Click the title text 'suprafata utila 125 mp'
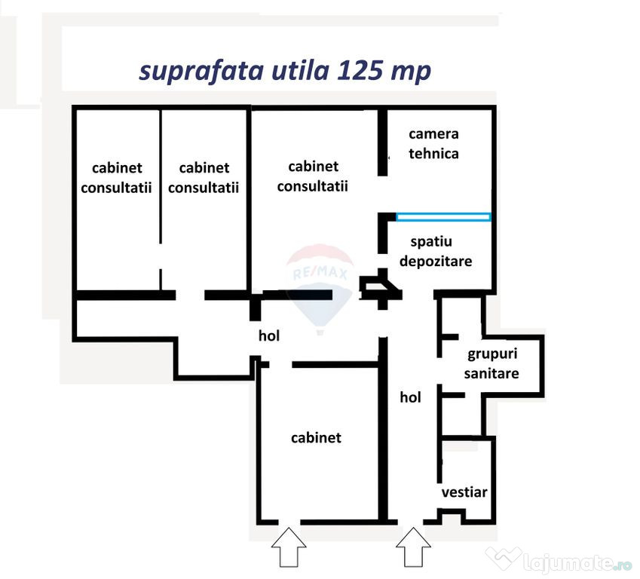[x=285, y=72]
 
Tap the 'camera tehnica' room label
[x=433, y=144]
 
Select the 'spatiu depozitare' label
[x=436, y=251]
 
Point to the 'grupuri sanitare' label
[x=491, y=363]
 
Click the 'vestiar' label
[x=464, y=492]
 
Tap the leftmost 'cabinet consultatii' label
[x=116, y=178]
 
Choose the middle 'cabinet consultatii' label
[x=204, y=178]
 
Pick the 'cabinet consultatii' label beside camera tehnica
[x=313, y=176]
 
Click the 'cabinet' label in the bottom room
[x=316, y=438]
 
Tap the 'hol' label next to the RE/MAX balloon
[x=269, y=335]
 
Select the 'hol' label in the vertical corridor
[x=410, y=397]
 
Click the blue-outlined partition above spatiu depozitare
[x=443, y=217]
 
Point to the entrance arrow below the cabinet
[x=289, y=547]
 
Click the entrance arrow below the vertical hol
[x=413, y=547]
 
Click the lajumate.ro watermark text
[x=577, y=563]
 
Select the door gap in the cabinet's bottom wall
[x=289, y=522]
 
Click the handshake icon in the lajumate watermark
[x=504, y=558]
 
